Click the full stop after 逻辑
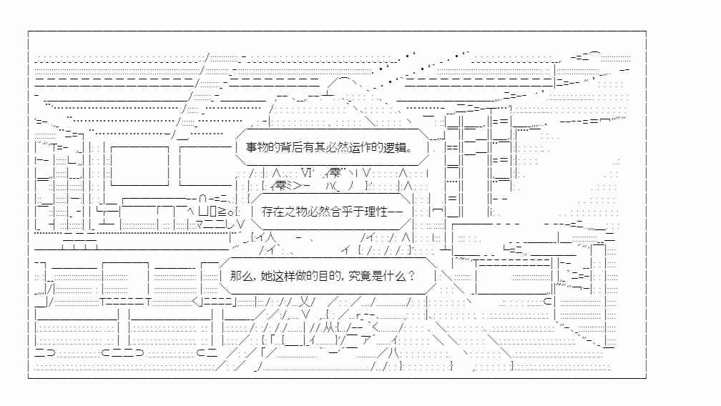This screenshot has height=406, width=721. [x=409, y=150]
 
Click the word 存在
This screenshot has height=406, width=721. [x=273, y=212]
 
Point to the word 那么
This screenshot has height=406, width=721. [x=241, y=276]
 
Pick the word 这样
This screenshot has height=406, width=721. [x=284, y=276]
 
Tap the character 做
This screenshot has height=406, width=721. [x=301, y=276]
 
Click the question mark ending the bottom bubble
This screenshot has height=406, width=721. [x=411, y=276]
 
